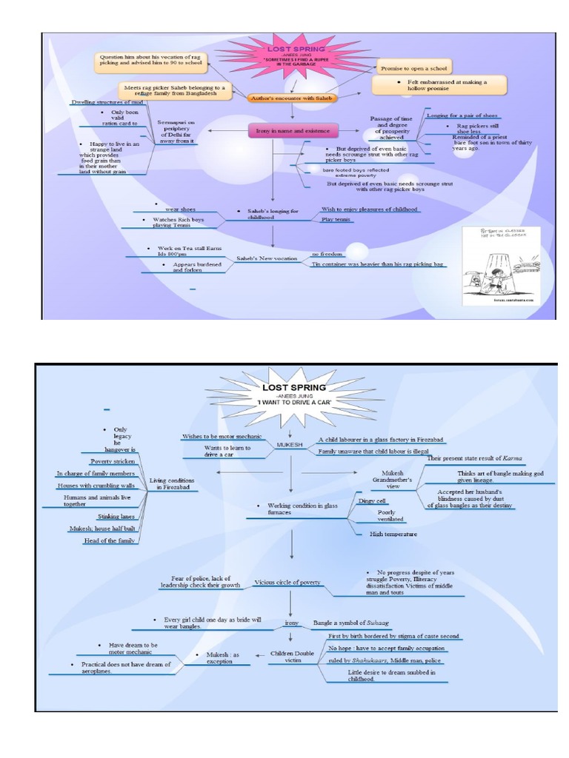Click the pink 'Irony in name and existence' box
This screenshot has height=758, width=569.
coord(293,132)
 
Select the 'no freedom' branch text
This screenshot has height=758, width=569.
coord(325,252)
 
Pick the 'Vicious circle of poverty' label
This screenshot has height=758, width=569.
coord(288,583)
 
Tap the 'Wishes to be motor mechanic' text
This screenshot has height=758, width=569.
coord(217,436)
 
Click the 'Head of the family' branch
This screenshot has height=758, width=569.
coord(111,540)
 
